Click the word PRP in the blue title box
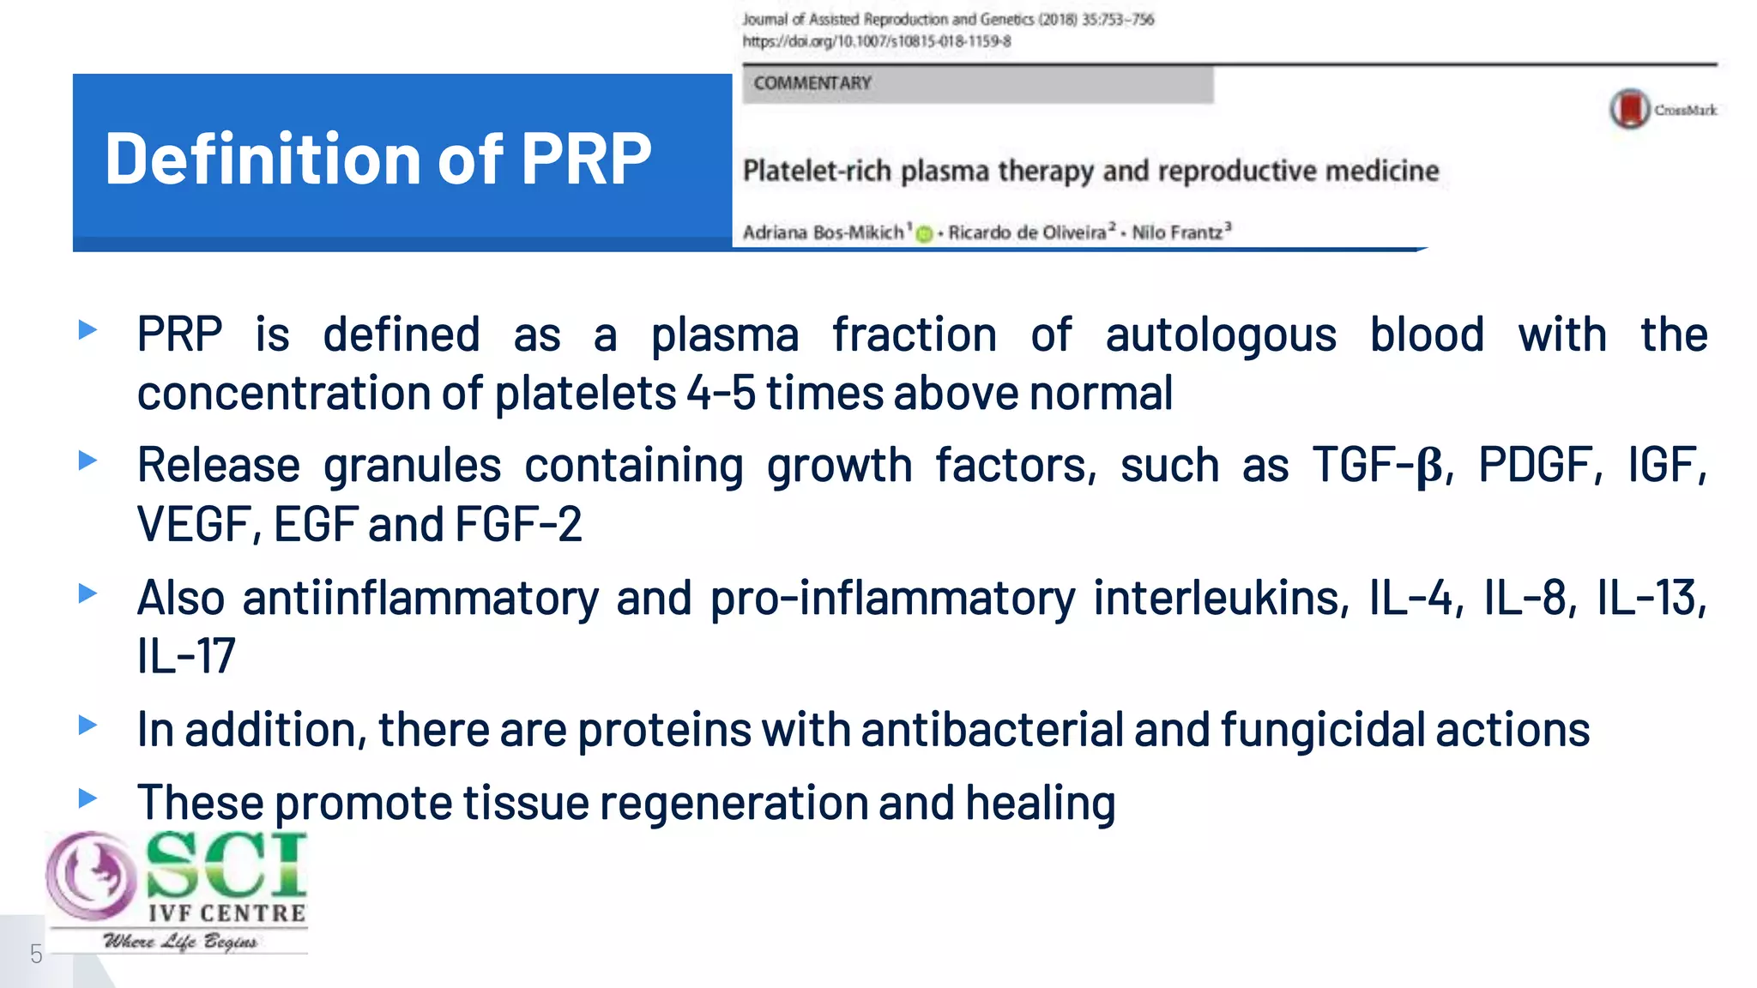point(586,160)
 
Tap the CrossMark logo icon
point(1629,109)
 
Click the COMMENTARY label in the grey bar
point(812,83)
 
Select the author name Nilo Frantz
point(1176,232)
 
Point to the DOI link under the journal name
point(876,41)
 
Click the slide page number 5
point(36,954)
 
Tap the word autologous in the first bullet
point(1220,334)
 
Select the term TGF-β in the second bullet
point(1377,467)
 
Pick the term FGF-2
point(518,524)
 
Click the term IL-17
point(186,656)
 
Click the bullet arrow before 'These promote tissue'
point(88,798)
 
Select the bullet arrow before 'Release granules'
point(88,461)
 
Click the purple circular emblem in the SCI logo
point(89,875)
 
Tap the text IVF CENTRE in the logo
point(226,913)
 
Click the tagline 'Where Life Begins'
point(180,942)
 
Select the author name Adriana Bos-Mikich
point(823,232)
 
